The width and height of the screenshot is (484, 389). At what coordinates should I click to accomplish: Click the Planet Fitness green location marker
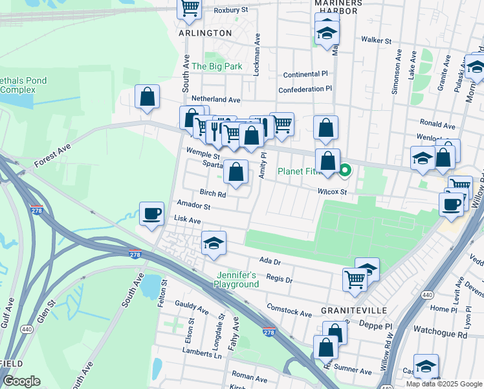(345, 171)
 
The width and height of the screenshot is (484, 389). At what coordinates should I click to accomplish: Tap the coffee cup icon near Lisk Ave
(152, 214)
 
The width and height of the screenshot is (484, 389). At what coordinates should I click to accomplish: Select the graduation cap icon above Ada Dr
(214, 243)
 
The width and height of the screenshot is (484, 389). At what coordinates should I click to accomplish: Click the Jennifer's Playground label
(237, 280)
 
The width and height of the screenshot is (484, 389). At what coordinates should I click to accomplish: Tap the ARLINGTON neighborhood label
(204, 32)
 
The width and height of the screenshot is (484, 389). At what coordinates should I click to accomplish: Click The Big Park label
(217, 66)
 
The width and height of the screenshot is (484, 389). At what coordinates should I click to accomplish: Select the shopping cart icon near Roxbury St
(190, 8)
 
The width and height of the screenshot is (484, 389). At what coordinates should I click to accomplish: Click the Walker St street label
(377, 40)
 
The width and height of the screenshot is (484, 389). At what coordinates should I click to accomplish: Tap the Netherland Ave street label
(220, 100)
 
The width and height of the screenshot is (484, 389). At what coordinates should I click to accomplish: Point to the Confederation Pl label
(305, 89)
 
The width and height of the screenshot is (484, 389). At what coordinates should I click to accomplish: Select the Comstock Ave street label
(289, 312)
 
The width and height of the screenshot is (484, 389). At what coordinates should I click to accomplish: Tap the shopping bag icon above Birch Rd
(237, 172)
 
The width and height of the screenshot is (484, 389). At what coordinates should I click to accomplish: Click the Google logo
(22, 381)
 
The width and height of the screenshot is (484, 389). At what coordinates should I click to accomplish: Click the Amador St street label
(193, 206)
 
